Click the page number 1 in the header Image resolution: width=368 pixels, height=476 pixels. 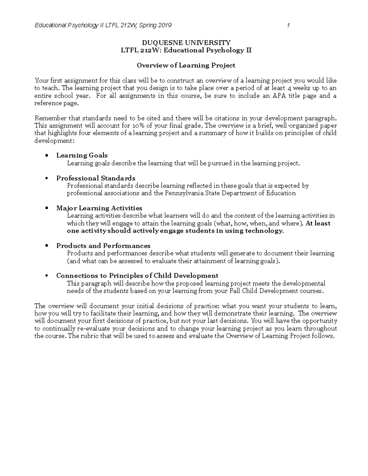point(288,25)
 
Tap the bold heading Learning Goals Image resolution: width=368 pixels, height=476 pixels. point(82,155)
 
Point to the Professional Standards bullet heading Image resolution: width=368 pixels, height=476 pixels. point(96,178)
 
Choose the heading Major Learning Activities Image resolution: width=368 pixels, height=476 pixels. point(99,208)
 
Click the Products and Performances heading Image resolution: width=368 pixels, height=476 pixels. point(103,246)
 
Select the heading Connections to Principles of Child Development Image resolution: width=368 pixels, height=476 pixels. point(137,276)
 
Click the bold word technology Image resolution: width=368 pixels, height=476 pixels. point(264,231)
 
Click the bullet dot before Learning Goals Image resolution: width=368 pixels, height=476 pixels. point(47,155)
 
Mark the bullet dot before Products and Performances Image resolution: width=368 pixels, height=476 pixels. point(47,246)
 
